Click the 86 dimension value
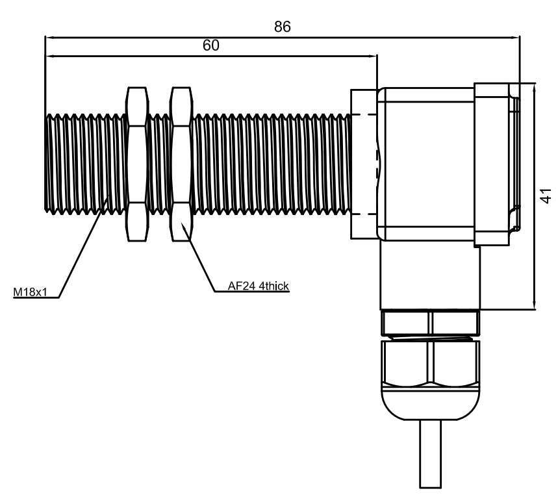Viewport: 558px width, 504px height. pos(282,27)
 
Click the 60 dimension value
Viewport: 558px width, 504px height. pos(211,46)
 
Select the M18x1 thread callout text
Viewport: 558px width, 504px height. pos(31,292)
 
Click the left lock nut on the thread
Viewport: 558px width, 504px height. pos(136,164)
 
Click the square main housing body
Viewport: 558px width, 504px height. pos(425,162)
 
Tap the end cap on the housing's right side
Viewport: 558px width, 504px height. pos(495,164)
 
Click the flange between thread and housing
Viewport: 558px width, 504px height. pos(363,164)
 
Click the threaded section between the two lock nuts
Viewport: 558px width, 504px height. pos(159,164)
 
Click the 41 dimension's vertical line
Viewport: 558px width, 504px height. pos(534,195)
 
